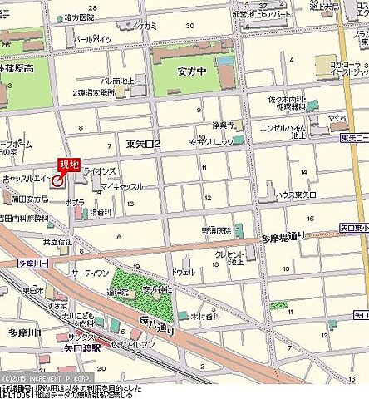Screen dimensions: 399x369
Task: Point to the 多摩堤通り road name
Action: coord(283,236)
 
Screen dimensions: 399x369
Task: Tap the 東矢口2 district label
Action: coord(144,144)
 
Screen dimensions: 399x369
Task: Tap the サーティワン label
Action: coord(90,272)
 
